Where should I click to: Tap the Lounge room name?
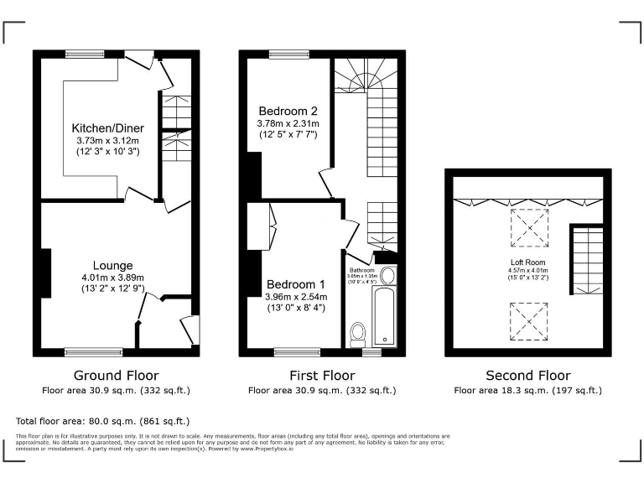tap(112, 266)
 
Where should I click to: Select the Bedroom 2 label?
tap(287, 111)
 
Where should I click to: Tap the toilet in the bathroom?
tap(359, 332)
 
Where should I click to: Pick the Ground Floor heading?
tap(116, 376)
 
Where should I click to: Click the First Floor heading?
tap(322, 376)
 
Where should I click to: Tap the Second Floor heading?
tap(528, 376)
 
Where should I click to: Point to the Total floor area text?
tap(103, 421)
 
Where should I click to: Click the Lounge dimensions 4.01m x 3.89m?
tap(112, 278)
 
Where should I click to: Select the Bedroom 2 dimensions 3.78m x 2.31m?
tap(287, 123)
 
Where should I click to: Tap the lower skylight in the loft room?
tap(528, 319)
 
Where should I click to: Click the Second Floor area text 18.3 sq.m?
tap(527, 391)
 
